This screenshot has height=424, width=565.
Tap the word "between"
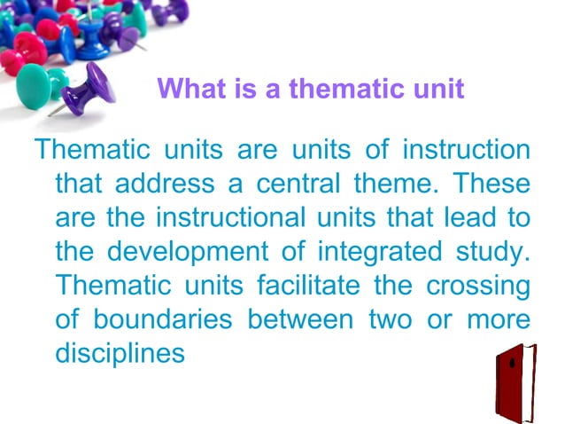[x=298, y=319]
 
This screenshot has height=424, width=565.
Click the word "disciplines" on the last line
[x=120, y=353]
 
